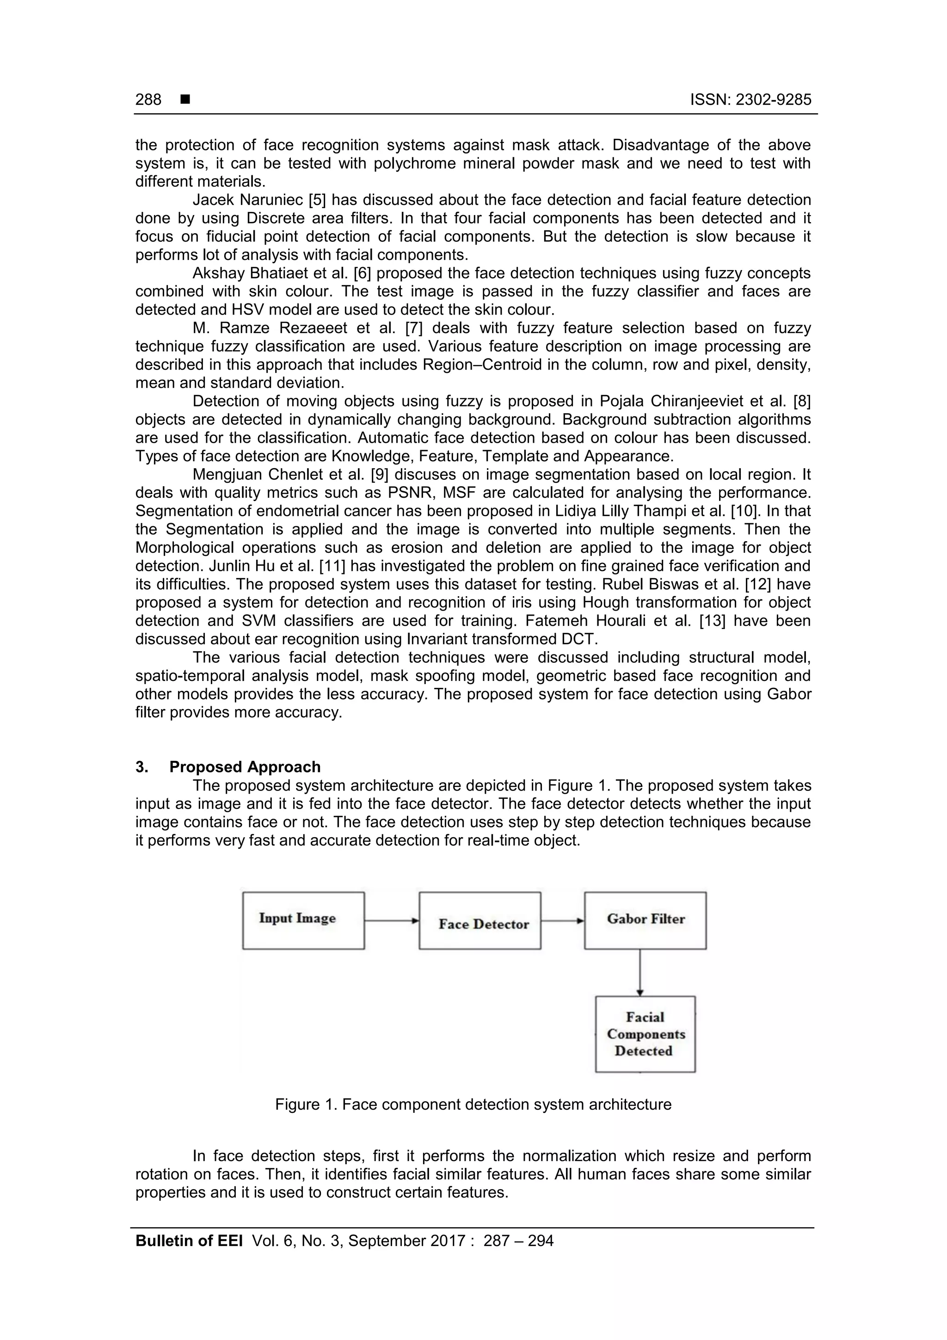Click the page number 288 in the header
148,100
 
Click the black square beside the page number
185,100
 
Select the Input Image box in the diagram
303,920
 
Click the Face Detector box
480,920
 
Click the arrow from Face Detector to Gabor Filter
562,921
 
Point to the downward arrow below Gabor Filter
640,972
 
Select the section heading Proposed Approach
245,767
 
